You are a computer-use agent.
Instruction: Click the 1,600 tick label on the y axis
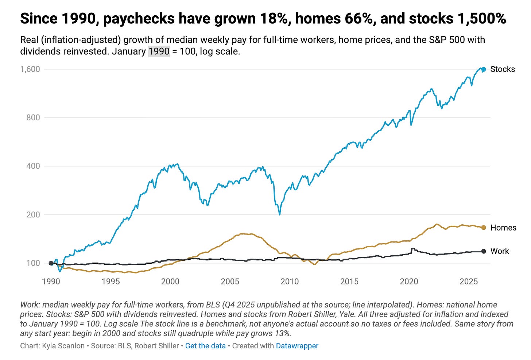coord(30,69)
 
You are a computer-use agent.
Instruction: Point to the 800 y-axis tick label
coord(33,117)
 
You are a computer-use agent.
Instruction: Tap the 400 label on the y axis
coord(33,166)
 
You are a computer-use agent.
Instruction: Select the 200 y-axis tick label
coord(33,214)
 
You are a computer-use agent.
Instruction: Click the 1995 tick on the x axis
coord(111,282)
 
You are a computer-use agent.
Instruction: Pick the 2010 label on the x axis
coord(290,282)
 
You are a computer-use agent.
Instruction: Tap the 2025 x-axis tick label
coord(469,282)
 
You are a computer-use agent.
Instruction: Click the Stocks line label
coord(503,69)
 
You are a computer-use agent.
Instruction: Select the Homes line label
coord(503,228)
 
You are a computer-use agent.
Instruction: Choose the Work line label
coord(500,251)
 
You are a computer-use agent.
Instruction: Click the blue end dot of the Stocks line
coord(484,69)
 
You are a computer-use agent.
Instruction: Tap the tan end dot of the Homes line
coord(484,228)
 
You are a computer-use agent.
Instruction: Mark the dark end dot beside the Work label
coord(484,251)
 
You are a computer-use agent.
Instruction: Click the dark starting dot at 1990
coord(51,263)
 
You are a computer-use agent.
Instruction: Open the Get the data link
coord(205,346)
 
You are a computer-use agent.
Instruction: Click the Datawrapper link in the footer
coord(297,346)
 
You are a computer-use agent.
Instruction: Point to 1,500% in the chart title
coord(482,19)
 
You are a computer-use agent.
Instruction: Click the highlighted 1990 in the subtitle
coord(159,51)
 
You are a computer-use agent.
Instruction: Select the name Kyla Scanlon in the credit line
coord(63,346)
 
